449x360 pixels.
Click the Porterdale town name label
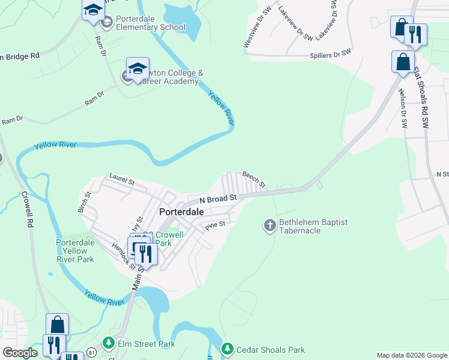point(181,212)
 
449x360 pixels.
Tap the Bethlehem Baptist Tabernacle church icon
point(270,226)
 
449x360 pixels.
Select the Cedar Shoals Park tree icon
point(227,349)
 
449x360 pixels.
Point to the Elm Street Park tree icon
point(108,343)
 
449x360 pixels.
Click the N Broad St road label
point(218,197)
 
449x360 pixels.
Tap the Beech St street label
point(253,179)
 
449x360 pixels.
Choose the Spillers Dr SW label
point(330,55)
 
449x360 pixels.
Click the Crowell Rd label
point(26,209)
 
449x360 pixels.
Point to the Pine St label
point(214,226)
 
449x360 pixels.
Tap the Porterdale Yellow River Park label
point(75,251)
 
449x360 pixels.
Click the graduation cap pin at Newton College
point(137,68)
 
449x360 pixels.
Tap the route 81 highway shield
point(91,351)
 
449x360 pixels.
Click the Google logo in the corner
point(20,353)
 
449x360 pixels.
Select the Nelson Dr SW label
point(403,108)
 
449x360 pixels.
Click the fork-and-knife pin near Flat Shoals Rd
point(415,35)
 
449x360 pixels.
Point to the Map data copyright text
point(412,355)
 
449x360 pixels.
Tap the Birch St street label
point(83,202)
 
